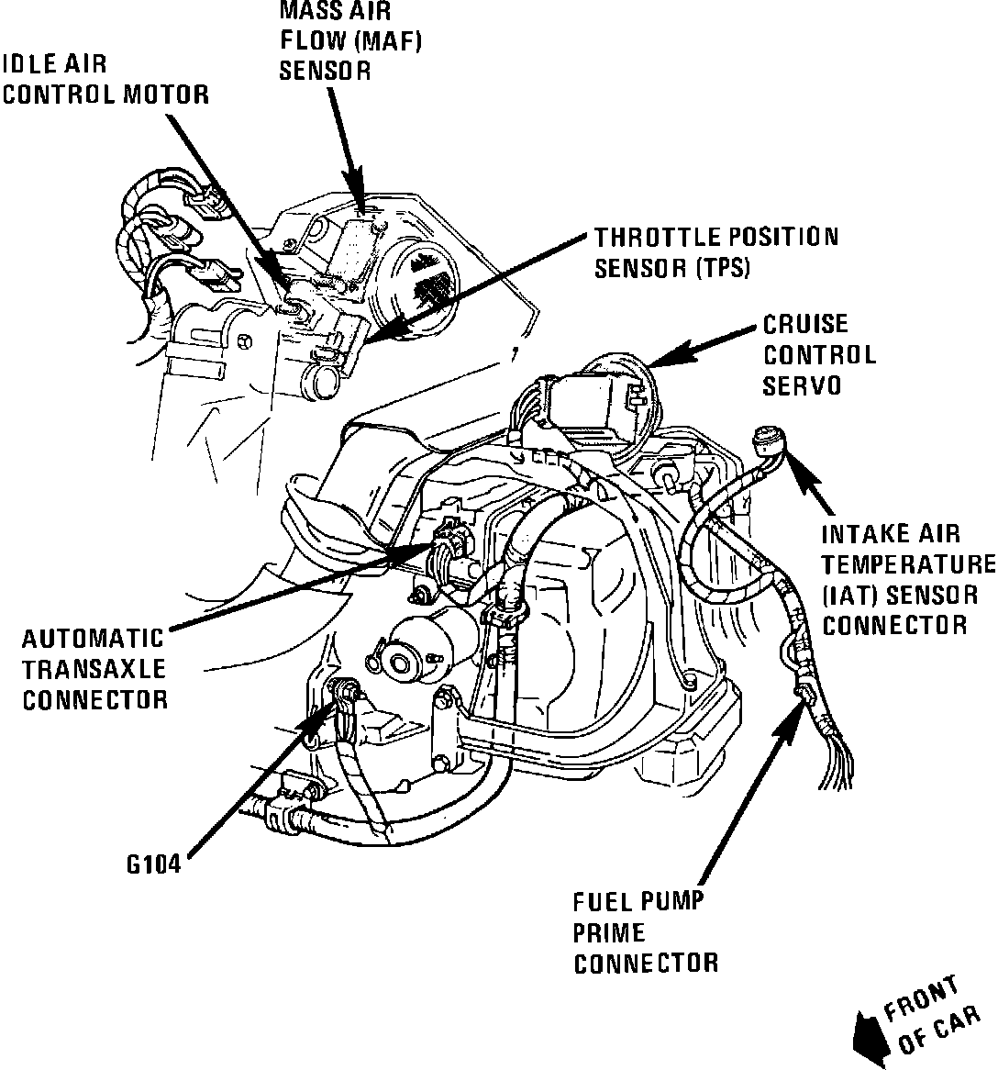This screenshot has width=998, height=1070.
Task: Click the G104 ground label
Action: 153,864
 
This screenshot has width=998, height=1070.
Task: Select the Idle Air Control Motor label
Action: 105,79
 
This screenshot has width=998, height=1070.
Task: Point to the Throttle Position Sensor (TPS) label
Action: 715,251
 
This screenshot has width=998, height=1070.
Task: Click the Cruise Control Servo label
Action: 818,354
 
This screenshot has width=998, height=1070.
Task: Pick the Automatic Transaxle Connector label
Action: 94,668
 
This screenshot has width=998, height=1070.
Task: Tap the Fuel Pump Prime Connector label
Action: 645,932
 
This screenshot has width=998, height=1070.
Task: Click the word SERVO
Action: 802,385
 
